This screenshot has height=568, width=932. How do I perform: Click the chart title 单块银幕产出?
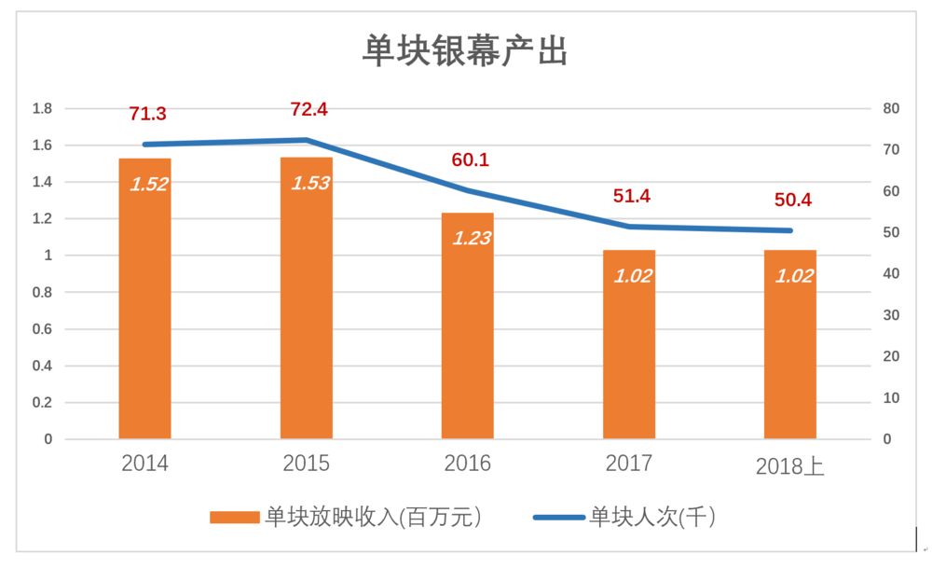coord(465,51)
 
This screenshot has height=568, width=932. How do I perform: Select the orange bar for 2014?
coord(144,308)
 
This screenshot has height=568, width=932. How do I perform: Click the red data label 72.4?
coord(309,110)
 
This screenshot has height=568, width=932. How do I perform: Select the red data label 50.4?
coord(793,201)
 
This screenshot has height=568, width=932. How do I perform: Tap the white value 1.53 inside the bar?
coord(310,183)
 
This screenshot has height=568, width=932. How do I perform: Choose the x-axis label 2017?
coord(629,464)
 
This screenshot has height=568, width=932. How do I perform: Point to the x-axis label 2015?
coord(307,464)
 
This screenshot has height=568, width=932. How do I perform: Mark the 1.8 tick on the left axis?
coord(42,109)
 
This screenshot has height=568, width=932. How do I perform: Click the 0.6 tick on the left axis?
coord(42,329)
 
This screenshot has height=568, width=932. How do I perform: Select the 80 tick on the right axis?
coord(891,109)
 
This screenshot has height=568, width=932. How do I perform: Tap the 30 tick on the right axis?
coord(891,315)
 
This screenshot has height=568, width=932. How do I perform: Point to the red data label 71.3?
coord(147,115)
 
